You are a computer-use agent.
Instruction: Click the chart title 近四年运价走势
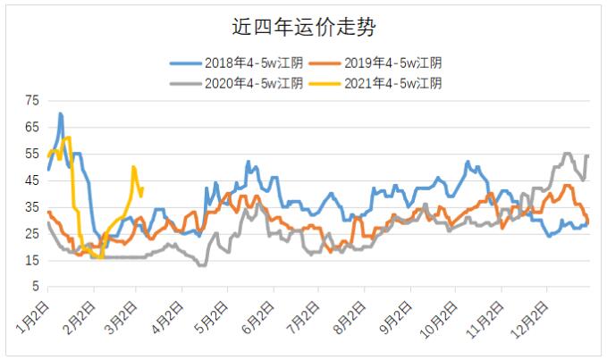pos(304,27)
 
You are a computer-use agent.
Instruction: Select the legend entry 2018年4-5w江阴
pos(237,63)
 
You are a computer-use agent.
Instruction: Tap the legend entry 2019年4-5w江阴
pos(375,63)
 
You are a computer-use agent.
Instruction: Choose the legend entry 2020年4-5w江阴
pos(237,83)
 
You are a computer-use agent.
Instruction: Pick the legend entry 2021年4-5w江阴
pos(375,83)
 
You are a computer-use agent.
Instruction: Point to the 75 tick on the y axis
pos(32,101)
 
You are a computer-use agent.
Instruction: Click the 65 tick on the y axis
pos(32,127)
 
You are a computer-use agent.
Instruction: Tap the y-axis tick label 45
pos(32,180)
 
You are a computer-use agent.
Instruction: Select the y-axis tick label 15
pos(32,260)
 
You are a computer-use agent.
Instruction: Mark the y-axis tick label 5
pos(36,287)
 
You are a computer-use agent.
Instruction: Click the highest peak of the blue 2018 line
pos(60,113)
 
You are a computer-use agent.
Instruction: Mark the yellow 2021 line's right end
pos(142,188)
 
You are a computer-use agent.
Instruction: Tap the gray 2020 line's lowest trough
pos(202,265)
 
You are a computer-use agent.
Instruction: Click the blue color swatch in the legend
pos(186,63)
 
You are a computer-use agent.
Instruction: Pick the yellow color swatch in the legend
pos(325,84)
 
